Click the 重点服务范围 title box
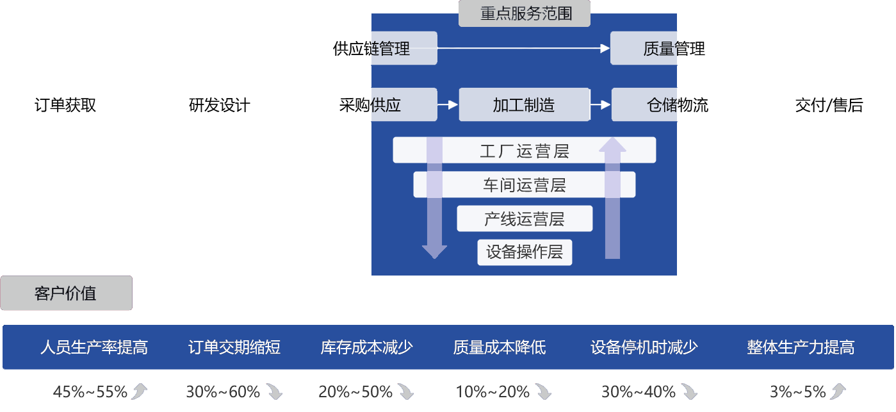click(x=525, y=13)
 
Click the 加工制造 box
click(x=524, y=105)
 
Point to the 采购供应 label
click(x=370, y=105)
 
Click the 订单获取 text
click(x=65, y=105)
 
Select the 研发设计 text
click(x=220, y=105)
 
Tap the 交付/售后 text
click(x=829, y=105)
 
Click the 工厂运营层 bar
click(x=524, y=151)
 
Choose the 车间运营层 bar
click(x=524, y=185)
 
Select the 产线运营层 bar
click(x=524, y=219)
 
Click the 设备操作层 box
click(x=524, y=252)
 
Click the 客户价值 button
click(x=66, y=293)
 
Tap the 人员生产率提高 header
click(x=94, y=347)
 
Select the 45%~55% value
click(x=90, y=391)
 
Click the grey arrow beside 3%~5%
click(x=838, y=391)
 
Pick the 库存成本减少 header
click(x=366, y=347)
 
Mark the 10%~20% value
click(x=493, y=391)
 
